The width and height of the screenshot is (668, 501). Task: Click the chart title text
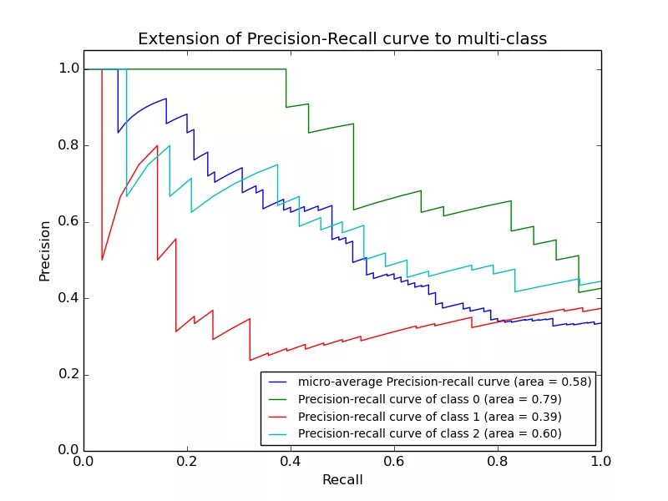[342, 39]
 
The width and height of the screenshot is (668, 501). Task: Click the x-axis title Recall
[342, 480]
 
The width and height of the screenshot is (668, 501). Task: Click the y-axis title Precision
[45, 250]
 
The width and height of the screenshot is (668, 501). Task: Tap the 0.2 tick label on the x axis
[187, 460]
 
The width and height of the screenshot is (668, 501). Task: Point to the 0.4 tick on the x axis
[291, 460]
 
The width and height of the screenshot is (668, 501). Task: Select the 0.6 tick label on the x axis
[394, 460]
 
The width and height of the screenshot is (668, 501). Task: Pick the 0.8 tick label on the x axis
[498, 460]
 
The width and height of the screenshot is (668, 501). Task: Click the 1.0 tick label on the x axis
[601, 460]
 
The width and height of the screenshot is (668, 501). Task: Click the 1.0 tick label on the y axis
[68, 69]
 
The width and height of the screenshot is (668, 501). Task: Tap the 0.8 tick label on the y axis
[68, 145]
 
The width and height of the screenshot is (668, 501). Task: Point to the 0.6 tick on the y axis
[68, 222]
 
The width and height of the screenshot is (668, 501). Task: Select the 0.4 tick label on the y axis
[68, 298]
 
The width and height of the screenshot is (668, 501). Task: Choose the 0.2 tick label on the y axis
[68, 375]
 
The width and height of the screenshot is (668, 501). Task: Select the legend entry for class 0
[429, 399]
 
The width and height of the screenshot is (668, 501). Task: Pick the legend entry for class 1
[429, 416]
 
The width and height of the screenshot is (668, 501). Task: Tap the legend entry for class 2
[429, 433]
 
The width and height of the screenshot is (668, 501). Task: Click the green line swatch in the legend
[279, 399]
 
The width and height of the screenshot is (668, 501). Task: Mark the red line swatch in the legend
[279, 416]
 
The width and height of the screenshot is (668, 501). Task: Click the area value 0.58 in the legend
[574, 382]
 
